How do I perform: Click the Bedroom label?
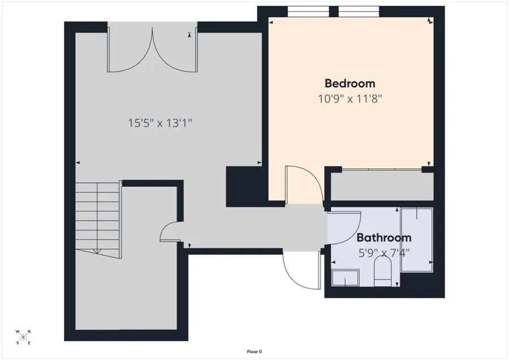(350, 83)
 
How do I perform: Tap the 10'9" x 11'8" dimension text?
(350, 98)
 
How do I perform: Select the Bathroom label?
(383, 238)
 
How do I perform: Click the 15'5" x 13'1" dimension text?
(160, 122)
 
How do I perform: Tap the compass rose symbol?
(24, 337)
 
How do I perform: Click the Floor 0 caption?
(254, 352)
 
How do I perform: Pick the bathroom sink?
(345, 278)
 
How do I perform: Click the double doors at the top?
(153, 51)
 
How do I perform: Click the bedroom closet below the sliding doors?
(382, 186)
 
